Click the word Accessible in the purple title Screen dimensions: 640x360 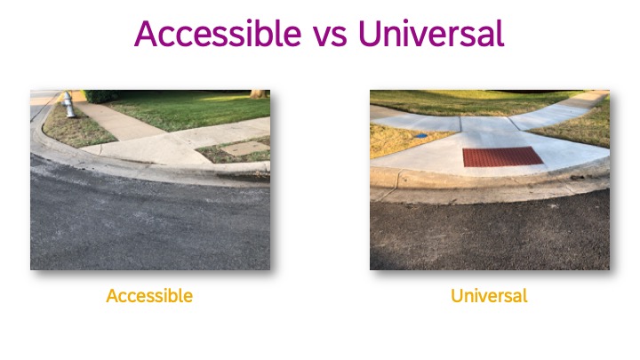[218, 33]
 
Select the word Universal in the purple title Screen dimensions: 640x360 [431, 33]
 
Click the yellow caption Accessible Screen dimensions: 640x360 [149, 295]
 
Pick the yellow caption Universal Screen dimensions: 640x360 [489, 295]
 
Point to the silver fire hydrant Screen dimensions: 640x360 [68, 105]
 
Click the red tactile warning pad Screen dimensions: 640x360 [503, 156]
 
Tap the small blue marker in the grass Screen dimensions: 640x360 [420, 135]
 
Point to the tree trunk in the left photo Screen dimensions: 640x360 [259, 94]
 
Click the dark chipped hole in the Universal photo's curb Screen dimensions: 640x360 [577, 178]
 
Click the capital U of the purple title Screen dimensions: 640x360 [369, 34]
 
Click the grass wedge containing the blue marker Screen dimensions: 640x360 [402, 140]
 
